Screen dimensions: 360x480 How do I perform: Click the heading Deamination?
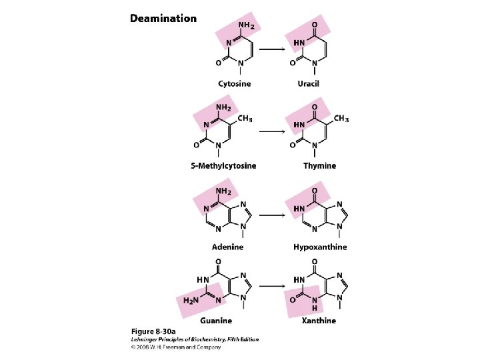pyautogui.click(x=163, y=18)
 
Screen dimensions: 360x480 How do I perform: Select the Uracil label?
pyautogui.click(x=309, y=83)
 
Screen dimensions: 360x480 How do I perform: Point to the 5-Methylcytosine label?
pyautogui.click(x=228, y=165)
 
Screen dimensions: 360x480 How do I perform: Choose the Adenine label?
pyautogui.click(x=228, y=247)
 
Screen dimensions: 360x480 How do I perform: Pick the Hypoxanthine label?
pyautogui.click(x=320, y=247)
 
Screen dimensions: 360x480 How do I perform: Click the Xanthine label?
pyautogui.click(x=318, y=321)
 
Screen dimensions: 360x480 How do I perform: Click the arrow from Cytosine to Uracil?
pyautogui.click(x=272, y=49)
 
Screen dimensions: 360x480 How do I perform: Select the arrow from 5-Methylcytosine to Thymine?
pyautogui.click(x=272, y=131)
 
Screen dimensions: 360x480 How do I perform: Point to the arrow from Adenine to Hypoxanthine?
pyautogui.click(x=272, y=215)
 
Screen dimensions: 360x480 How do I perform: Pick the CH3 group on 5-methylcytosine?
pyautogui.click(x=245, y=119)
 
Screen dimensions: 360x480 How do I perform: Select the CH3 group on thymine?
pyautogui.click(x=340, y=119)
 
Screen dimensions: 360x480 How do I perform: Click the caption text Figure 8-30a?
pyautogui.click(x=153, y=331)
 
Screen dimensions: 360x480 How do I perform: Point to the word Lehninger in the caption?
pyautogui.click(x=145, y=339)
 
